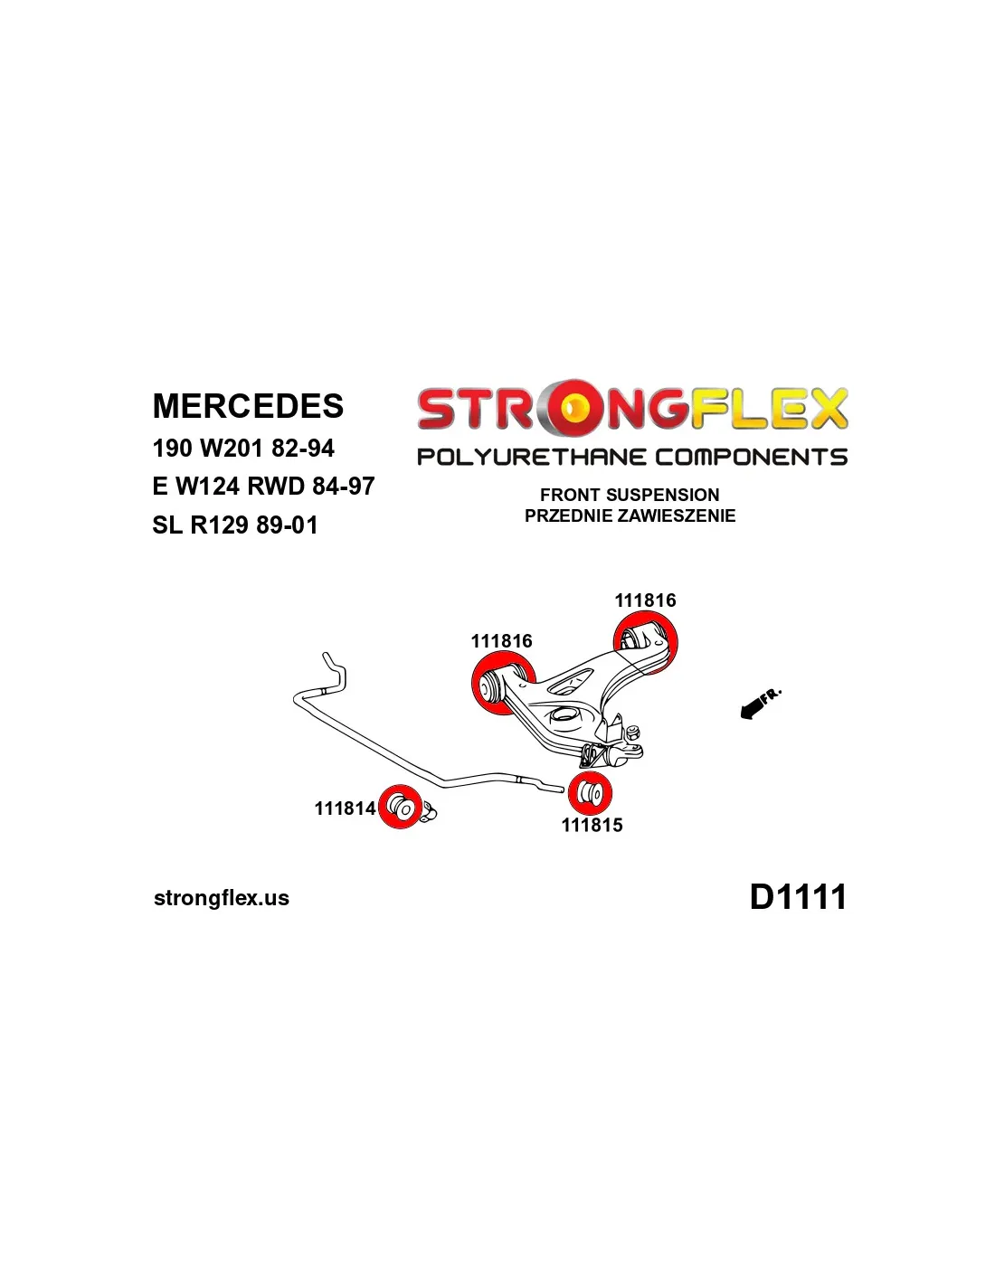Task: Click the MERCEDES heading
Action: (x=248, y=406)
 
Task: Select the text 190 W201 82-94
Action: (x=243, y=449)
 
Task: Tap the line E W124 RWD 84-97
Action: (x=263, y=487)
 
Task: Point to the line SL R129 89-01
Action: (x=235, y=525)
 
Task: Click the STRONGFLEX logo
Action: (x=631, y=409)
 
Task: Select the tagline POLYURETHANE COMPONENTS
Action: (x=631, y=457)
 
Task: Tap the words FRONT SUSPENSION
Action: (x=630, y=495)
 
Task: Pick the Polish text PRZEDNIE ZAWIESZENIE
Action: (x=630, y=515)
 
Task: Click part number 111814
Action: (x=345, y=808)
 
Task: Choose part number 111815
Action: (x=592, y=825)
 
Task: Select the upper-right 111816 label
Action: (x=645, y=600)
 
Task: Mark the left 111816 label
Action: (x=501, y=641)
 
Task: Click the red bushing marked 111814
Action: (x=400, y=806)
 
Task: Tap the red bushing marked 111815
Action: (x=591, y=793)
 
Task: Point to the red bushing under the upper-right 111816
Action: (x=644, y=641)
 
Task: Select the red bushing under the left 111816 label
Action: (x=501, y=685)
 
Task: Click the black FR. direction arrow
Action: (x=751, y=711)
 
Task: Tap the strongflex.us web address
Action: (x=222, y=898)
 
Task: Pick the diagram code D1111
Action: (x=798, y=897)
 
